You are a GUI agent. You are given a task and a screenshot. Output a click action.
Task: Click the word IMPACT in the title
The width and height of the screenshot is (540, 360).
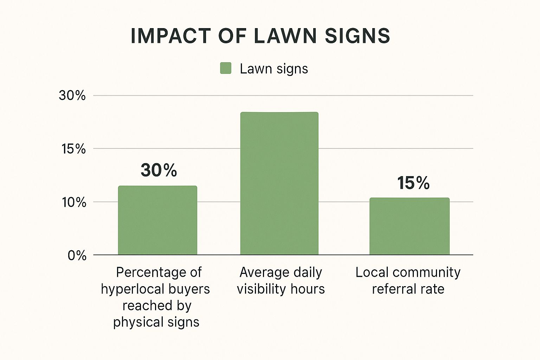[x=170, y=36]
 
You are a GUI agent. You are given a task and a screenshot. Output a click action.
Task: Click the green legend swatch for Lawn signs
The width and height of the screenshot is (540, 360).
[x=226, y=68]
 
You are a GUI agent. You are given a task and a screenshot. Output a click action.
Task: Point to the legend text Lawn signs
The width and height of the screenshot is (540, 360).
[x=274, y=69]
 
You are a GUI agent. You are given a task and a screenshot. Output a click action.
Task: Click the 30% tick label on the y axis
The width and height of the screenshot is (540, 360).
[x=72, y=95]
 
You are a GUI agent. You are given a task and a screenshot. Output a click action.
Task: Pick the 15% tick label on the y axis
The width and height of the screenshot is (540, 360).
[x=73, y=149]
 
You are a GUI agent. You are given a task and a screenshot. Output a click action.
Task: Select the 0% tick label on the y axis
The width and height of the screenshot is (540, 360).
[x=77, y=255]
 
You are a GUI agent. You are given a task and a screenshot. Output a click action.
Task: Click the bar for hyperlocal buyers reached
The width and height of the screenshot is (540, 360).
[x=157, y=220]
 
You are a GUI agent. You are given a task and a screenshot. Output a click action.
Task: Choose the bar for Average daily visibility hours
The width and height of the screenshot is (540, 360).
[x=279, y=183]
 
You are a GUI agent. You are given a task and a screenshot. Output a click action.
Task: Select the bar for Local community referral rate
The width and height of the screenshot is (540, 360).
[x=409, y=226]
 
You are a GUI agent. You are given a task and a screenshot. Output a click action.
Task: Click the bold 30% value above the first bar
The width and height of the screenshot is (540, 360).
[x=159, y=170]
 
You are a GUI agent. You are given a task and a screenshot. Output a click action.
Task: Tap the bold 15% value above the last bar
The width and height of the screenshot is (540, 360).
[x=413, y=183]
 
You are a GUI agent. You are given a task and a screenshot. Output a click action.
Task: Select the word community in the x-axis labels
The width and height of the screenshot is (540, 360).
[x=426, y=272]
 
